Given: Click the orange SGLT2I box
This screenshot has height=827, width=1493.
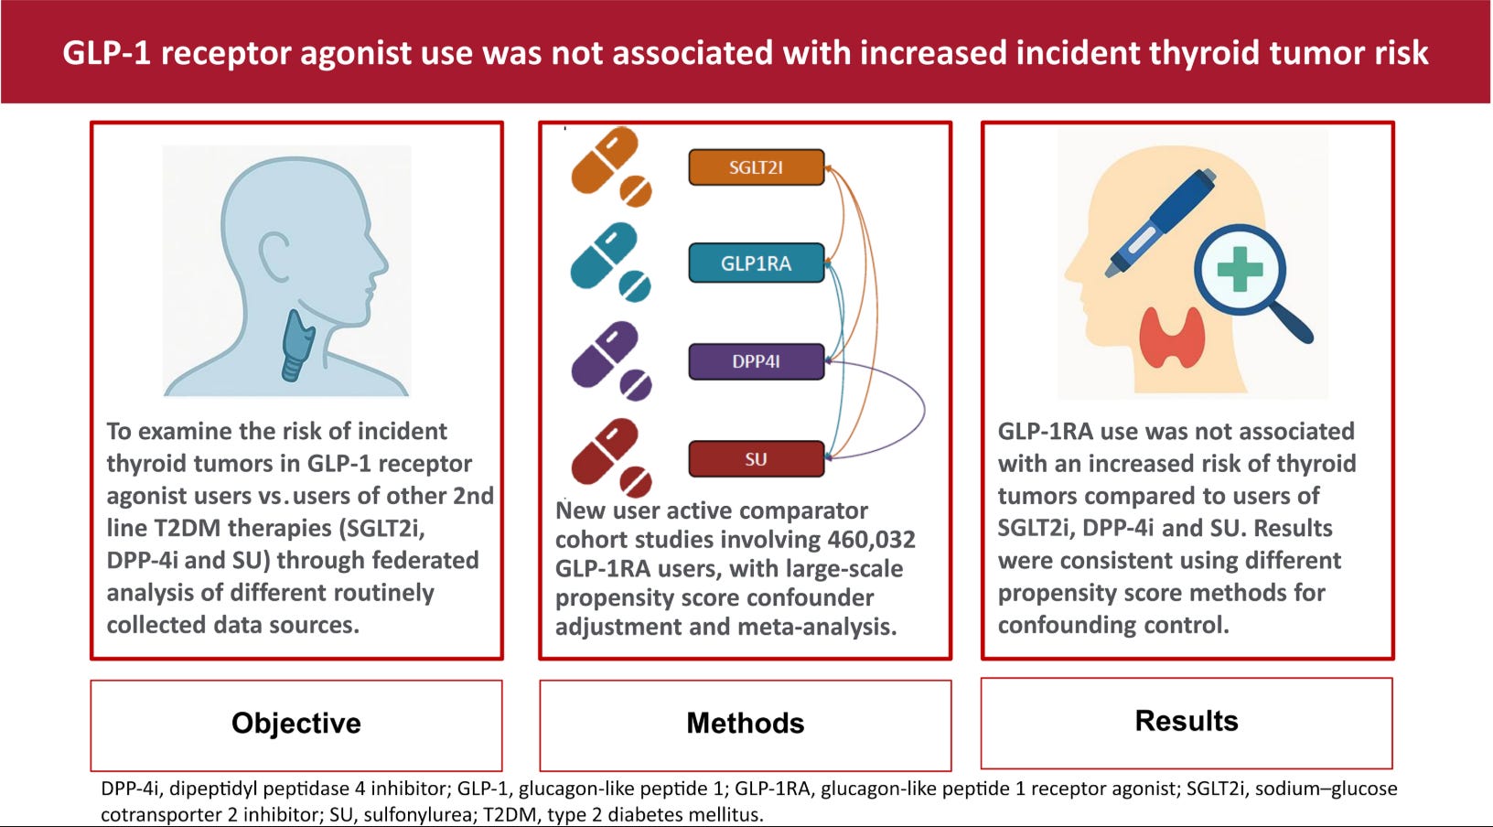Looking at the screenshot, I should [x=756, y=167].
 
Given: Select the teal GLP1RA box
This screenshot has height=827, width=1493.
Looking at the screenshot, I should [x=756, y=263].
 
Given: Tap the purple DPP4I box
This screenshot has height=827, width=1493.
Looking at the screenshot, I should [x=756, y=361].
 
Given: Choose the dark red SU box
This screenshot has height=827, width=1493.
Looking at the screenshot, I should [x=756, y=459].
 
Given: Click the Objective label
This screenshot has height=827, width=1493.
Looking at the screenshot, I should [x=295, y=724].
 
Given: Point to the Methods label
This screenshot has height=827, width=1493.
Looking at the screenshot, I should [x=745, y=724].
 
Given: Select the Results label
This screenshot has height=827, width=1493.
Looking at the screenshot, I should [x=1186, y=721].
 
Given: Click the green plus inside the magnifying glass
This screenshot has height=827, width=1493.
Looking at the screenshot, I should [x=1240, y=270].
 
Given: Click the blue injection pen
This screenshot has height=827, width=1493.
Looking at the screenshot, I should [x=1160, y=224].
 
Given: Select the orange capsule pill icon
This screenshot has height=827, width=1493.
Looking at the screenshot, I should [x=605, y=160].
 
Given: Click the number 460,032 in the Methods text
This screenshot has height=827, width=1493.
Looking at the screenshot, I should [x=871, y=540].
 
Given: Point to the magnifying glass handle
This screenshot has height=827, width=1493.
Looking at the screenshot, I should [x=1291, y=320].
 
